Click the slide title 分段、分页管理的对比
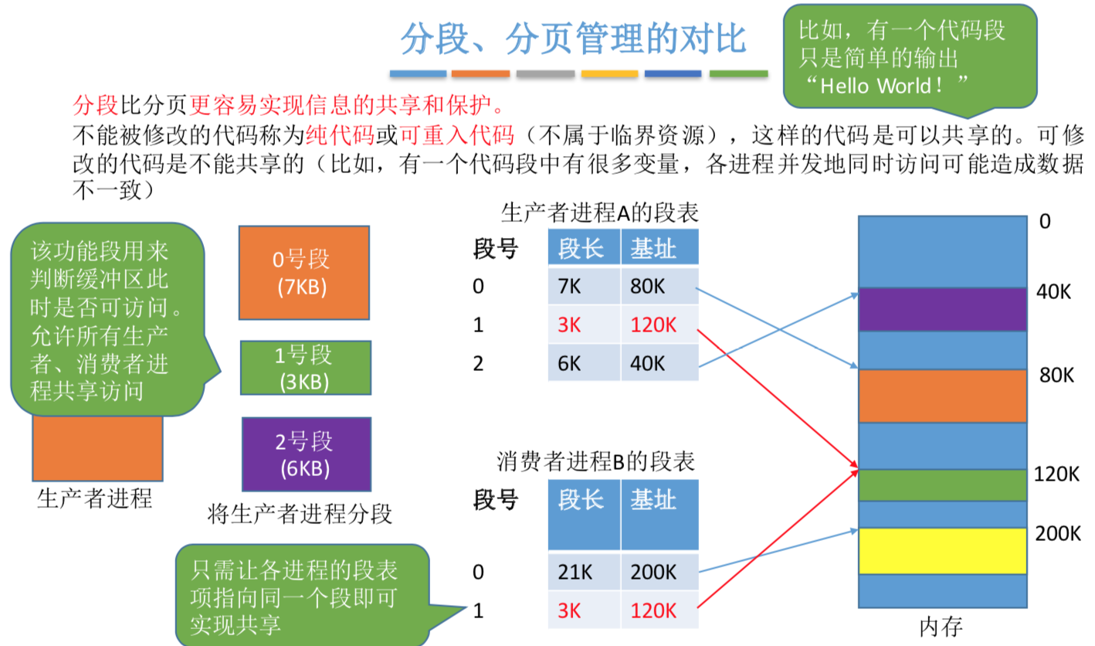tap(573, 39)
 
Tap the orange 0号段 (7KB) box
tap(304, 273)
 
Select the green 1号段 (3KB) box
tap(306, 367)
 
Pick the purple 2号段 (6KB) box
tap(306, 454)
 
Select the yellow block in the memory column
tap(942, 551)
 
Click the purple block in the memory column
tap(942, 309)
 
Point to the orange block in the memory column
tap(942, 396)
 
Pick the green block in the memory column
tap(942, 484)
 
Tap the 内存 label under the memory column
tap(942, 624)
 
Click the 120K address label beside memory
tap(1056, 474)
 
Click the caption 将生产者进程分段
tap(300, 513)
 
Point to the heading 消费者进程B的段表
tap(595, 462)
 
